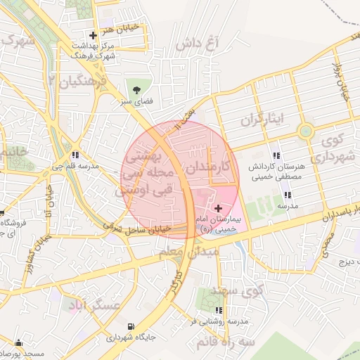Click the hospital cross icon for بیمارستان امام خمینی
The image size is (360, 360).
tap(218, 208)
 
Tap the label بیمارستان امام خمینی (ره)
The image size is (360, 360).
tap(217, 224)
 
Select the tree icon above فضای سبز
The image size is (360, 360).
tap(136, 90)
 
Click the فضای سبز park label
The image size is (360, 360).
tap(136, 102)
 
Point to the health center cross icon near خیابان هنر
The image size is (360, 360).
tap(93, 35)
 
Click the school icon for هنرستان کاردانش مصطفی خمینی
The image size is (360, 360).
tap(276, 155)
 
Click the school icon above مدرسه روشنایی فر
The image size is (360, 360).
tap(219, 309)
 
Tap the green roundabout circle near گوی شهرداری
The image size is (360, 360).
tap(305, 131)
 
